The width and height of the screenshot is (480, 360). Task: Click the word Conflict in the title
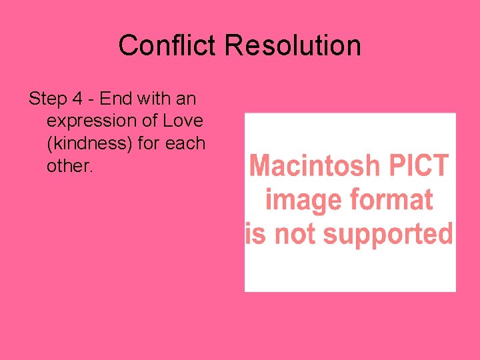coord(168,46)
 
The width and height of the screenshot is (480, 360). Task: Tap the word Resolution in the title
coord(293,46)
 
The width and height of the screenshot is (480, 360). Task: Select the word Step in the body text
coord(48,99)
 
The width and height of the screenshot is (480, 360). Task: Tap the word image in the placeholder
coord(298,199)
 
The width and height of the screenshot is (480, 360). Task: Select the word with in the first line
coord(155,99)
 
